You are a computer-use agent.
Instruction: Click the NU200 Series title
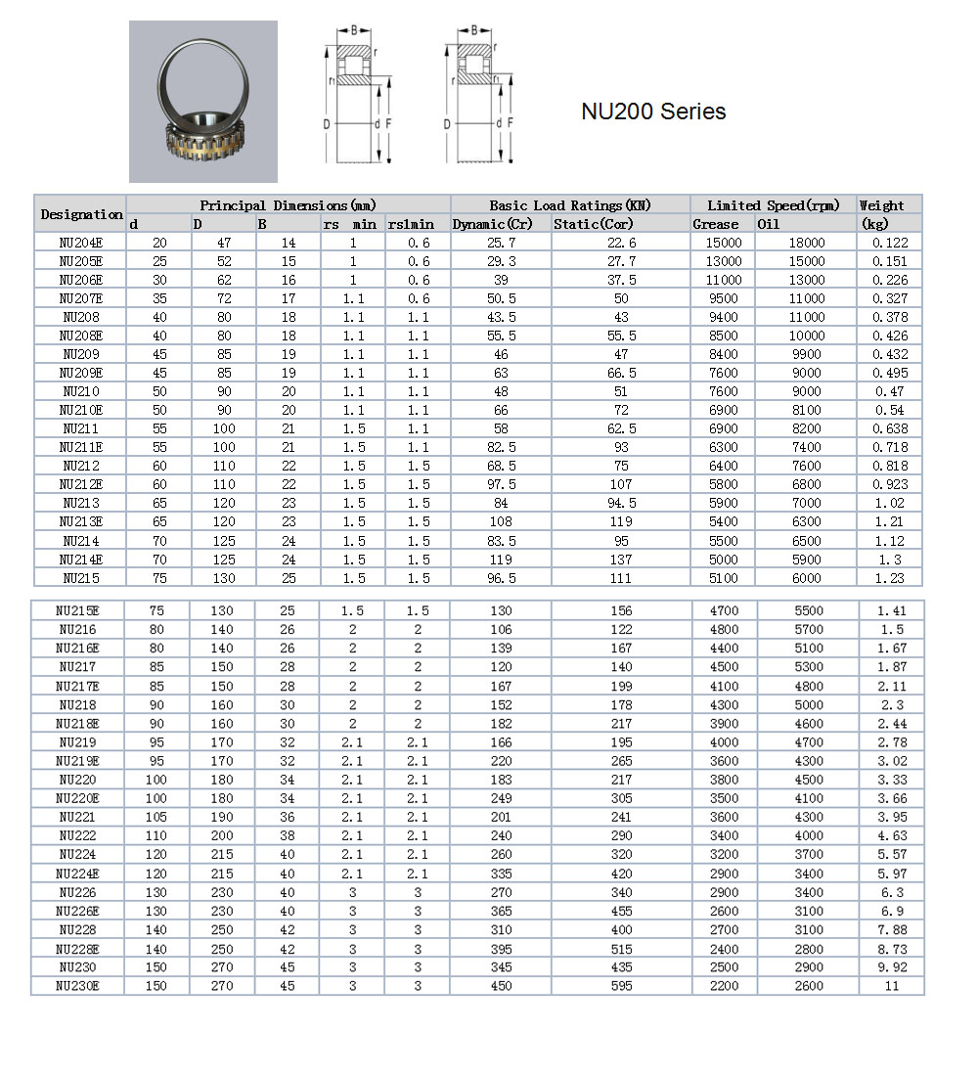(653, 112)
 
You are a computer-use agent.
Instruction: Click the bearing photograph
(203, 102)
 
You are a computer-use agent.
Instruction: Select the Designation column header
(81, 214)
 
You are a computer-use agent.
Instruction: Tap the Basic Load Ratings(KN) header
(570, 205)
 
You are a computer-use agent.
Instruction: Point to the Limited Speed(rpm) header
(773, 205)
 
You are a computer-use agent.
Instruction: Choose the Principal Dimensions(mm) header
(289, 205)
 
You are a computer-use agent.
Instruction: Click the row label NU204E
(80, 243)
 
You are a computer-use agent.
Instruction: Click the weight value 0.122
(889, 243)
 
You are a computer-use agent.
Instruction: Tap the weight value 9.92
(891, 967)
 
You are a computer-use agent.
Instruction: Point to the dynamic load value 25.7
(501, 243)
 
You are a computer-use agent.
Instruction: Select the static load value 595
(620, 986)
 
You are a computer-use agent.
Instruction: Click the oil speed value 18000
(806, 243)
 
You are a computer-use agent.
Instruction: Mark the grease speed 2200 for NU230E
(724, 986)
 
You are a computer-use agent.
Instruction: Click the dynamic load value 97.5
(501, 484)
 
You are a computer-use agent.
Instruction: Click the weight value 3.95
(891, 817)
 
